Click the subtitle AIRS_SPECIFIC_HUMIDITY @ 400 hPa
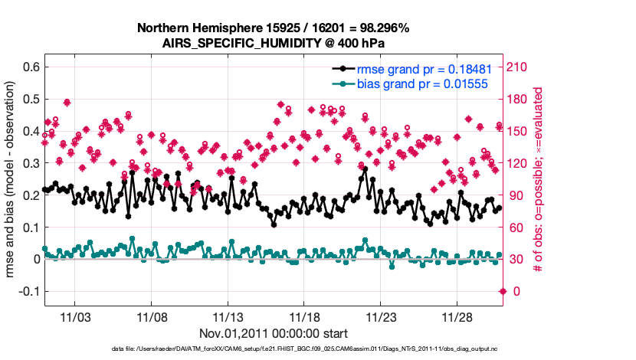(273, 44)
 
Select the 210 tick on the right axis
(517, 67)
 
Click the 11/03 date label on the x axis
(75, 317)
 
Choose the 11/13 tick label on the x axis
(228, 317)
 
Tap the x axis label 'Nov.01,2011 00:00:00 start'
(273, 333)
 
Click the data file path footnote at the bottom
(273, 349)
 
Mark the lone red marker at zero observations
(503, 291)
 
